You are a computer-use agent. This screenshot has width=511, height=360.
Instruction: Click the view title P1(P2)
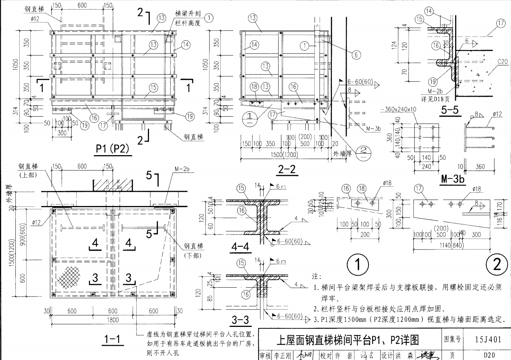coord(112,148)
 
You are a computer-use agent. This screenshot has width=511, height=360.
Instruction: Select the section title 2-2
coord(288,169)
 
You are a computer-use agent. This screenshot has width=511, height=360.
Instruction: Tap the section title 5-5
coord(450,111)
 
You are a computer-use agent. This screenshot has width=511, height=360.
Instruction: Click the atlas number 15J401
coord(488,339)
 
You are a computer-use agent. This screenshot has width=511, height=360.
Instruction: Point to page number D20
coord(489,355)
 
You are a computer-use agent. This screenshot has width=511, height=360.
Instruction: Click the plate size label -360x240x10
coord(398,109)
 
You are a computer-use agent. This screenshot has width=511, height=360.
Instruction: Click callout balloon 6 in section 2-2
coord(356,54)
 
